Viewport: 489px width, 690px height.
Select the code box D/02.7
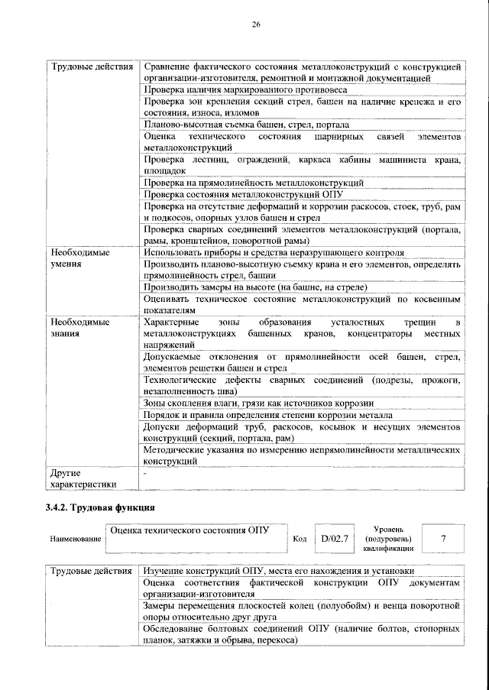pos(335,539)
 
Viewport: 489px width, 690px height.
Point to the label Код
pos(300,539)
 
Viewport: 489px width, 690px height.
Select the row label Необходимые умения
pos(79,258)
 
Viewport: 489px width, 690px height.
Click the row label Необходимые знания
pos(79,329)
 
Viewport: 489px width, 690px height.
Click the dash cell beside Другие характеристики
pos(146,474)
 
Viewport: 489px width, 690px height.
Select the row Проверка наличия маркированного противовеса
pos(245,89)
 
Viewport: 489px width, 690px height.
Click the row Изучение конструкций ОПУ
pos(279,571)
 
